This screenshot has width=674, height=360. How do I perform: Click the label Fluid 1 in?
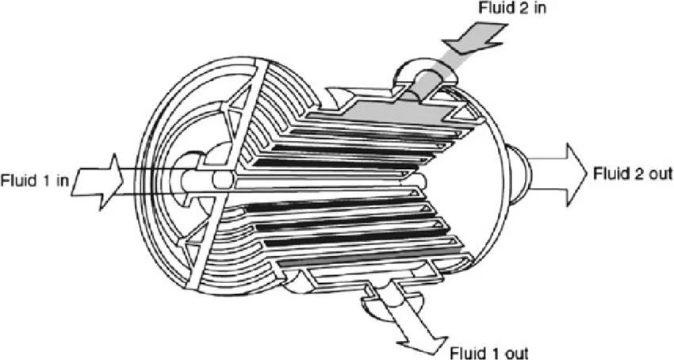(x=34, y=180)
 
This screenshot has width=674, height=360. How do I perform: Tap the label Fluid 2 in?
(x=512, y=8)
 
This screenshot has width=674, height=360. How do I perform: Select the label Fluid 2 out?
(x=632, y=174)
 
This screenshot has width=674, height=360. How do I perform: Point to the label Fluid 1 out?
(x=488, y=353)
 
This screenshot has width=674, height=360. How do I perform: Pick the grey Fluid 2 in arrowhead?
(x=475, y=38)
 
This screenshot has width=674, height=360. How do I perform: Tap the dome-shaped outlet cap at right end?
(x=519, y=174)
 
